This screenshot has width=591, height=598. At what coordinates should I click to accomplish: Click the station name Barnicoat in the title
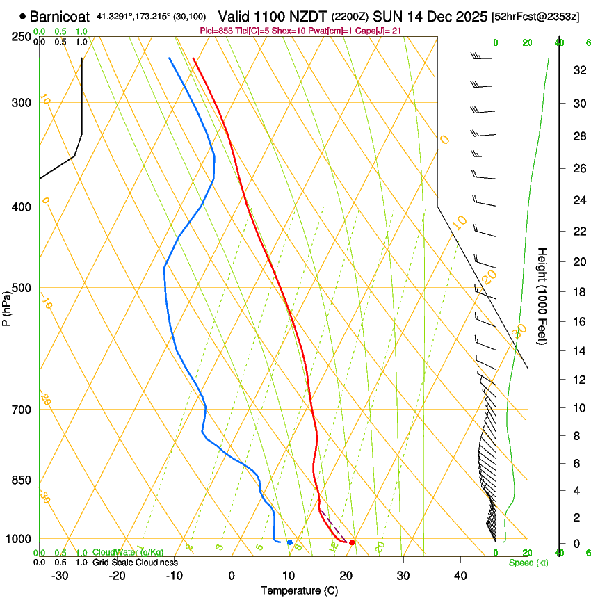60,15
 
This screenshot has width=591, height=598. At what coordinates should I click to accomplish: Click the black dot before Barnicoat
24,15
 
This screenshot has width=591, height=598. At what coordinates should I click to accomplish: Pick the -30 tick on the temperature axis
60,576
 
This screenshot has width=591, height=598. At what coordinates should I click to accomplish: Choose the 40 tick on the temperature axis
460,576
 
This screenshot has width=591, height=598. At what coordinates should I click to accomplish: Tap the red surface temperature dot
352,542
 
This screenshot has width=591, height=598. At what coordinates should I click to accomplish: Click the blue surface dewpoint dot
289,542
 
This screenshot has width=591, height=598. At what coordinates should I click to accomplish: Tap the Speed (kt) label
528,563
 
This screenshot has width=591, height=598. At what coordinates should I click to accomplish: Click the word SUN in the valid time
387,15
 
